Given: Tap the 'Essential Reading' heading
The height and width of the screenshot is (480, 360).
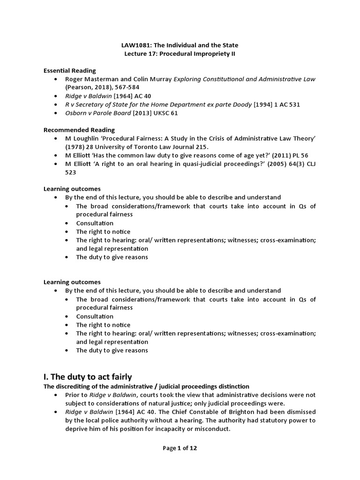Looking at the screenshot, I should pos(69,70).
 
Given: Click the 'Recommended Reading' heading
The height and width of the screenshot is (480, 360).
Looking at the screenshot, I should pos(79,130).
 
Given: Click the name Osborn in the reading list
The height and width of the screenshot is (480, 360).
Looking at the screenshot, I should pos(75,113).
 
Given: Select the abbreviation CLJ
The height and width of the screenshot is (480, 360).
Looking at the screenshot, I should pos(309,164).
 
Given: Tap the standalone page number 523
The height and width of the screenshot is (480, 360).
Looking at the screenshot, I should pos(70,172).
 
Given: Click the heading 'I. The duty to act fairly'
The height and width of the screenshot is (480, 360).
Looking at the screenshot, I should pos(88,376).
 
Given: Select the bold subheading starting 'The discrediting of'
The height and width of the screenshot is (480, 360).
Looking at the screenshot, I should pos(146,386).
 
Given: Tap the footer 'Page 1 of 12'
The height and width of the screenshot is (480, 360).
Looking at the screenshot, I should pos(180,448).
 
